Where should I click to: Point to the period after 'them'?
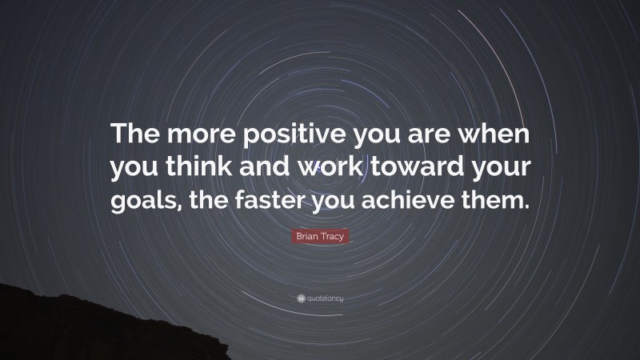(x=527, y=204)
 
